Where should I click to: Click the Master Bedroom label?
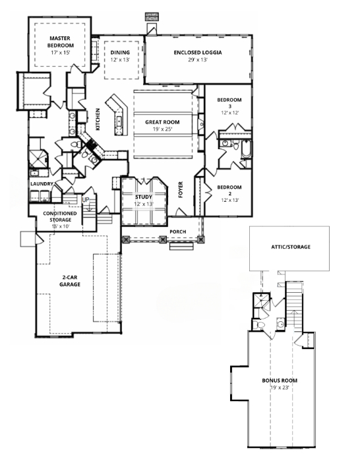(x=60, y=42)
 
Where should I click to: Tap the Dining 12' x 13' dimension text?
(x=120, y=59)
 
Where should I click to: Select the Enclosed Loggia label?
(x=198, y=52)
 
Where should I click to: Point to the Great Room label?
(x=162, y=122)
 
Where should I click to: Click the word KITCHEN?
(x=98, y=119)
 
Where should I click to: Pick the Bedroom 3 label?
(x=229, y=103)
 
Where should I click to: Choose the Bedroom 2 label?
(x=229, y=190)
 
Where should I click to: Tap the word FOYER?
(x=181, y=189)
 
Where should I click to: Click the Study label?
(x=144, y=197)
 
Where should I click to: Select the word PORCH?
(x=178, y=232)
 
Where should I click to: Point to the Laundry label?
(x=42, y=184)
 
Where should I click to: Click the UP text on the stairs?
(x=86, y=200)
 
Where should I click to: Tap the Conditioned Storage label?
(x=60, y=216)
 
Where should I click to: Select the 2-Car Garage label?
(x=70, y=281)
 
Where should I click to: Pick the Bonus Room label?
(x=280, y=381)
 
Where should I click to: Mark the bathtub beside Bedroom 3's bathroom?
(x=247, y=149)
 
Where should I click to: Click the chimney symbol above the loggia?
(x=152, y=17)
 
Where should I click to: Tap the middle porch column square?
(x=163, y=239)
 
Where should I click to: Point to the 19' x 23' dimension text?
(x=280, y=388)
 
